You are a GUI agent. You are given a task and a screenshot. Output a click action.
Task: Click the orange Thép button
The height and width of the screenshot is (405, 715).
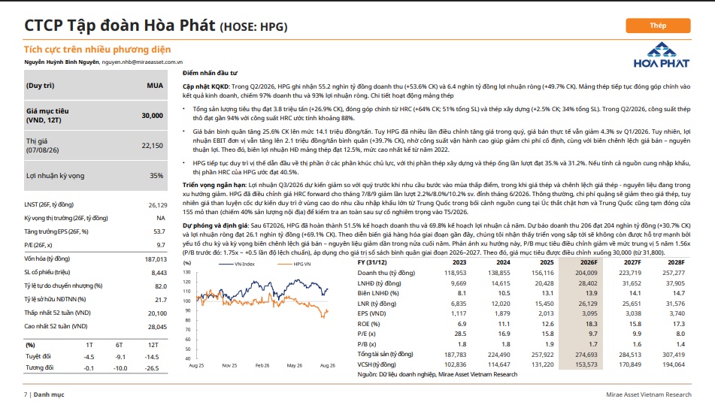coord(658,26)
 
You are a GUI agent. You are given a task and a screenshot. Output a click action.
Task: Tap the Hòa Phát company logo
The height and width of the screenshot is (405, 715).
coord(661,56)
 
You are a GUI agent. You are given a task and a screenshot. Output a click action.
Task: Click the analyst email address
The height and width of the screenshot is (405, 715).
coord(142,62)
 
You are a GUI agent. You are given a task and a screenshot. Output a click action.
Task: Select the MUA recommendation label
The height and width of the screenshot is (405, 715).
coord(155,86)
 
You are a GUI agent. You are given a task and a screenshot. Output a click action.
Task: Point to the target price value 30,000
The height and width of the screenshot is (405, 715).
coord(153,116)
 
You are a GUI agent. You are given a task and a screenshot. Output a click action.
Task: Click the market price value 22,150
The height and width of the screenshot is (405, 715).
coord(153,146)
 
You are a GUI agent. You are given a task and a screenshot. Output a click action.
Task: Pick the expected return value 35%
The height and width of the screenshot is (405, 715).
coord(156,176)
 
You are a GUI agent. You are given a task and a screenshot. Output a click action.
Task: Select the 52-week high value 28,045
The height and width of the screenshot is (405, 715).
coord(157,327)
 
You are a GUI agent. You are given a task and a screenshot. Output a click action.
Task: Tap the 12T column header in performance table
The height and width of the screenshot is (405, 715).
coord(153,346)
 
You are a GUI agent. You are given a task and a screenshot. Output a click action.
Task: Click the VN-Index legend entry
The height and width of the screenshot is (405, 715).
coord(237,264)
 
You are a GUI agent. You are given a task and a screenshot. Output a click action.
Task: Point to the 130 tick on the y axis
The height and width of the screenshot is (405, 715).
coord(187,273)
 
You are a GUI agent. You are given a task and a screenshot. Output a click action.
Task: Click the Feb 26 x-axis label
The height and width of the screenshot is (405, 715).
coord(262,365)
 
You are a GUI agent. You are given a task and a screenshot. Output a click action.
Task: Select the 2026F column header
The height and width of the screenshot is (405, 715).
coord(589,262)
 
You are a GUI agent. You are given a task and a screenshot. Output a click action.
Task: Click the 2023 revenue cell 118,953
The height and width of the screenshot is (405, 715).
coord(456,273)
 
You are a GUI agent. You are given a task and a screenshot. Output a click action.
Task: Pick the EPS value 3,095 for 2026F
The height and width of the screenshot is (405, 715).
coord(589,313)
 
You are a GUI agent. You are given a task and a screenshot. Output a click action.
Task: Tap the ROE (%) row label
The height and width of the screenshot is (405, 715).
coord(368,324)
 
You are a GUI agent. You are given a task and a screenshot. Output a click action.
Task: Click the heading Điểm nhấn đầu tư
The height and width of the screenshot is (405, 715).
coord(211,73)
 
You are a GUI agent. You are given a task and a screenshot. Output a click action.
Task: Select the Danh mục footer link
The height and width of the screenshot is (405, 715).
coord(49,394)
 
